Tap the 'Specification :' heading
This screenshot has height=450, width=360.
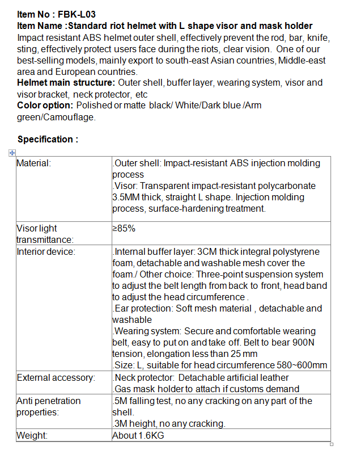pos(48,139)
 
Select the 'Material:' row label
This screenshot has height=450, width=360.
pos(34,163)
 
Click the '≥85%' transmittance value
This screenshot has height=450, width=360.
pos(124,229)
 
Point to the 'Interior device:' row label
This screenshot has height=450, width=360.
pos(46,252)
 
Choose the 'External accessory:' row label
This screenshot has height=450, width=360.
pos(56,378)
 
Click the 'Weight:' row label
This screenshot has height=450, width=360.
pos(32,436)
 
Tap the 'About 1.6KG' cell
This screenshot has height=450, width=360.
pos(138,436)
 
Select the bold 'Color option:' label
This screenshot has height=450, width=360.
pos(45,106)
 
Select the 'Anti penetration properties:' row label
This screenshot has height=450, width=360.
pos(48,406)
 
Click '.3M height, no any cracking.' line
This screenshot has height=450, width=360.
pos(169,424)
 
